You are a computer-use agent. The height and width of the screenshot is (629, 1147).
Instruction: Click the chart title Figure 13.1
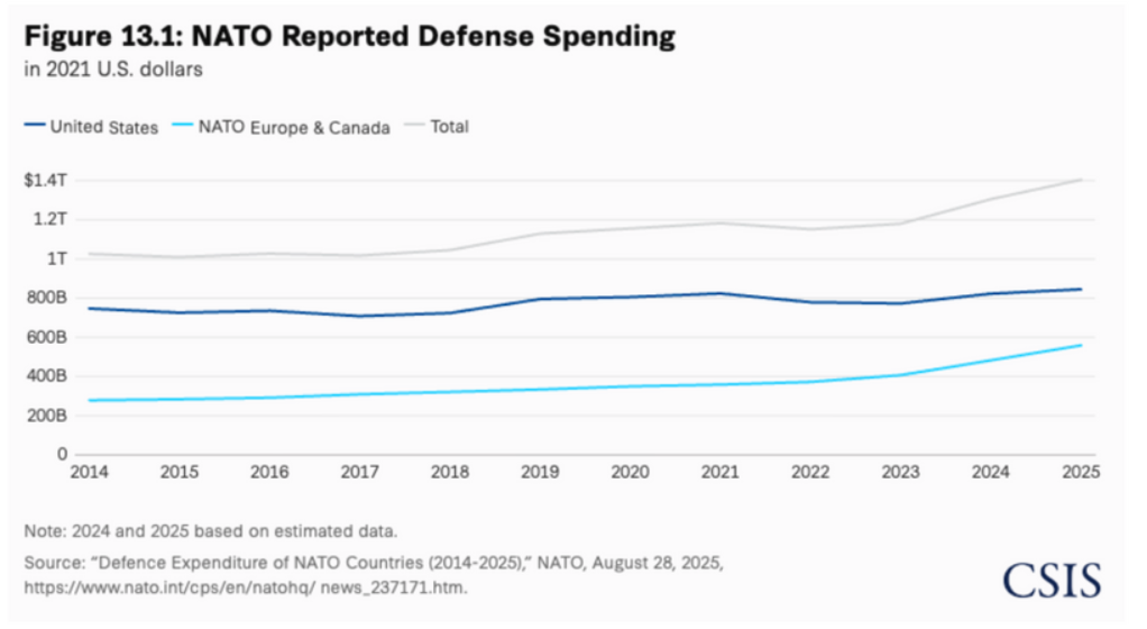[349, 36]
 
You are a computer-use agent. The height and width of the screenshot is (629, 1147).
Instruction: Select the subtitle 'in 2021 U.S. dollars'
[114, 69]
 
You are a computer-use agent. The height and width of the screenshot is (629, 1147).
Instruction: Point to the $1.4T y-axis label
[45, 180]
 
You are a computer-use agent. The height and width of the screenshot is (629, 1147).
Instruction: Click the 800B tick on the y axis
[47, 298]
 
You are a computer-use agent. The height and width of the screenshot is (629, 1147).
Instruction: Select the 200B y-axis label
[47, 416]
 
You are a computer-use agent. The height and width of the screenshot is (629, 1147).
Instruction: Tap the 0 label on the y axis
[62, 454]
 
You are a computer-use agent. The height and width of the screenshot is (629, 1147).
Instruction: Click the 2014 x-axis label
[90, 472]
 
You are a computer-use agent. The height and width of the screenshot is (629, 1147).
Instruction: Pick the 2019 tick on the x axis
[540, 472]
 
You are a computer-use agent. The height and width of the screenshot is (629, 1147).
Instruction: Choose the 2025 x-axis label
[1081, 472]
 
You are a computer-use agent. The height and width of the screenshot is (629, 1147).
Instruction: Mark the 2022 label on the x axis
[810, 472]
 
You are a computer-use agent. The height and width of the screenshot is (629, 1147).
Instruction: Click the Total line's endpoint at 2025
[1081, 179]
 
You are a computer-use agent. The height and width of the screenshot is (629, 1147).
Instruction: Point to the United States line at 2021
[720, 294]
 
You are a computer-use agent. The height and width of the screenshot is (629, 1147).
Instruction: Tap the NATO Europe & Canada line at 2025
[1081, 346]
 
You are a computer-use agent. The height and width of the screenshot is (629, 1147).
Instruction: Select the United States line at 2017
[360, 316]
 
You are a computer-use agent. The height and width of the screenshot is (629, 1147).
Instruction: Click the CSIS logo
[1052, 581]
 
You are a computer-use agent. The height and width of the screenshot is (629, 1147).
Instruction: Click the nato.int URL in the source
[245, 588]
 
